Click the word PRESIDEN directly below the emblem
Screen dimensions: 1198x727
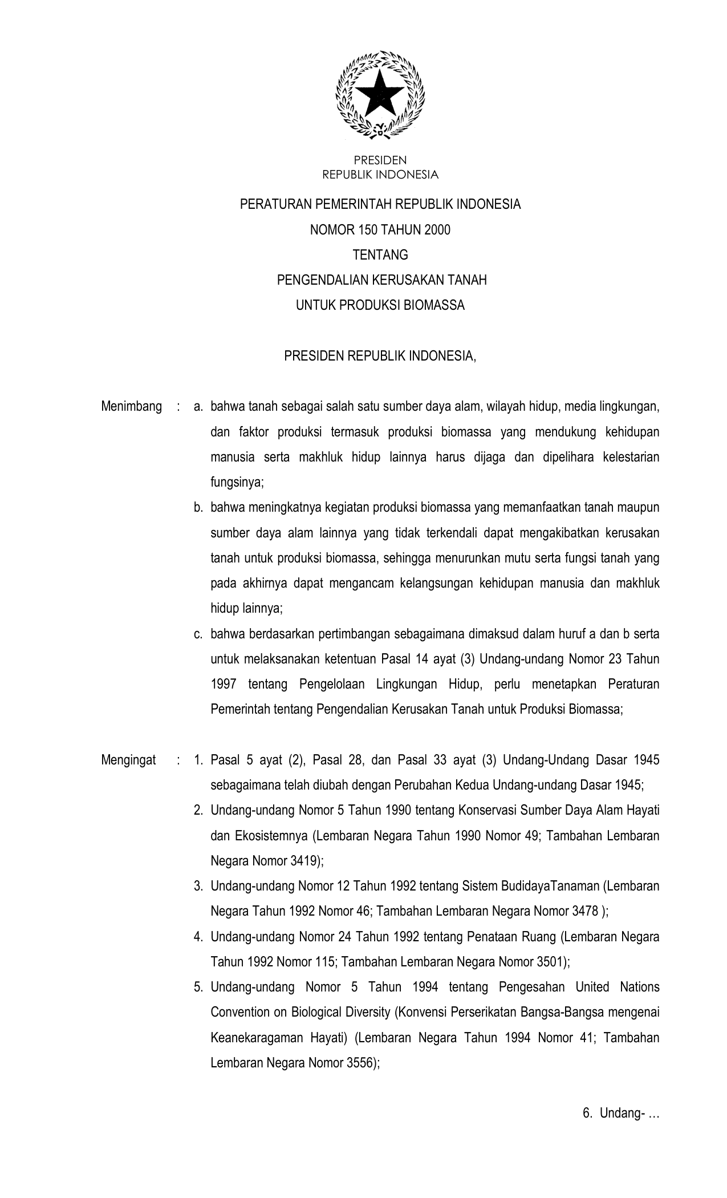[380, 160]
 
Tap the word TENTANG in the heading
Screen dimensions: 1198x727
[380, 255]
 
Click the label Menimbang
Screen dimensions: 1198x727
[131, 407]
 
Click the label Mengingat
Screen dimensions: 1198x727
[128, 760]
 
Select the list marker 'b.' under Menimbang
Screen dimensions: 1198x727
[198, 507]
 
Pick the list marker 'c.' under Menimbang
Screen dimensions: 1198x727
[198, 634]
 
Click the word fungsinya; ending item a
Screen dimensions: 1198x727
[237, 482]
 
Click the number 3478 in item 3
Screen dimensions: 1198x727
[585, 911]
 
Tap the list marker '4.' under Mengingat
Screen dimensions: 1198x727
[198, 936]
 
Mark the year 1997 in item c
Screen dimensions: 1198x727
[224, 684]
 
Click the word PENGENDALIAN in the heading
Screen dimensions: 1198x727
[322, 280]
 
